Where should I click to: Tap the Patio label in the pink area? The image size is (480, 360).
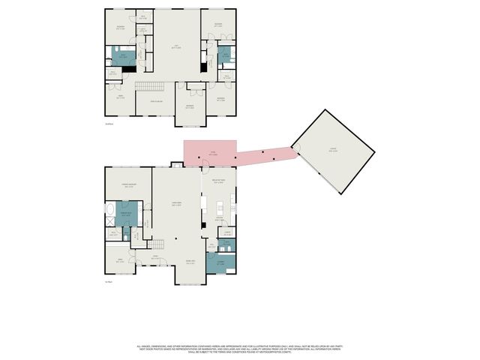212,153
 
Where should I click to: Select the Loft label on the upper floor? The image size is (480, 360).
177,47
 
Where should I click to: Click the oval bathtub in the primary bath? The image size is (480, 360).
110,210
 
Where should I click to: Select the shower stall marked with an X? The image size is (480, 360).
110,223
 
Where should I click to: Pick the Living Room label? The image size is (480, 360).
176,204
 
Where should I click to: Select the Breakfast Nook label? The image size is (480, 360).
219,181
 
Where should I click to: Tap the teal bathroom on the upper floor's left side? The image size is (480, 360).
123,55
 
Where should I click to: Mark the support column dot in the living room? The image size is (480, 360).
177,239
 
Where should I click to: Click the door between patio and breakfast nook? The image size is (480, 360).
204,166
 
